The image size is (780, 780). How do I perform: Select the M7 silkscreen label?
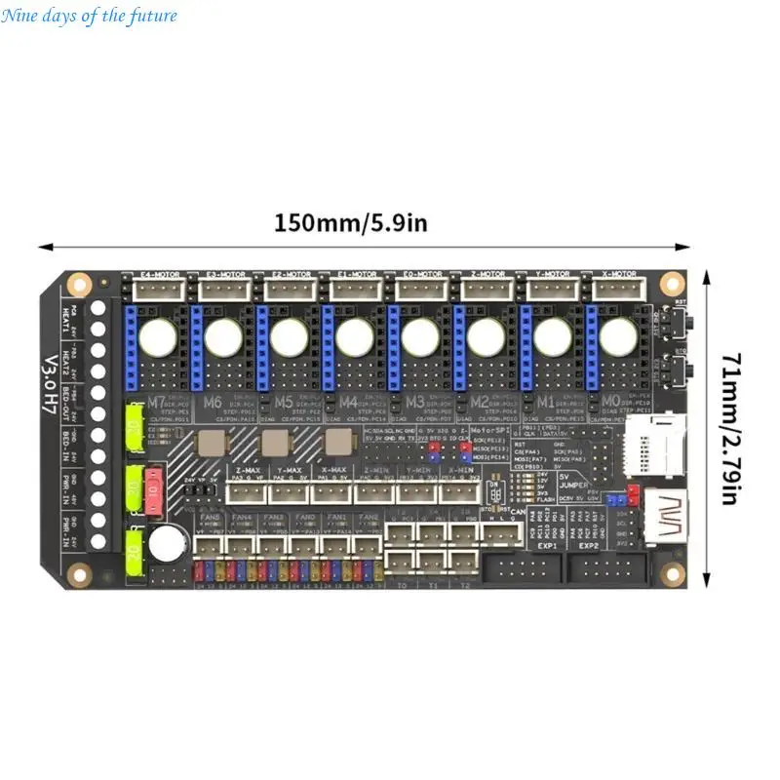[157, 402]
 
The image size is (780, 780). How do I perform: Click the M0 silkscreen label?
[608, 402]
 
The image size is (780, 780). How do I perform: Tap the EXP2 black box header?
[597, 572]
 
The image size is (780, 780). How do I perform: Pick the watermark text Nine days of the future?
[89, 15]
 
